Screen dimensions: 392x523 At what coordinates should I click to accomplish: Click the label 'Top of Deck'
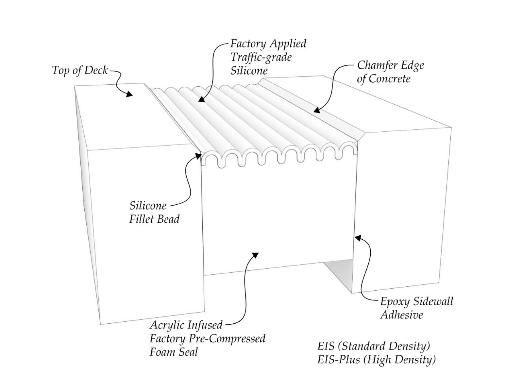point(80,70)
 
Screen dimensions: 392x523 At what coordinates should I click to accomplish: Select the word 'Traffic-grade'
point(261,57)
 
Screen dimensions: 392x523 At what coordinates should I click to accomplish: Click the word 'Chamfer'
point(376,65)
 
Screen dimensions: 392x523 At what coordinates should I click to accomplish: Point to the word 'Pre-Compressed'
point(227,338)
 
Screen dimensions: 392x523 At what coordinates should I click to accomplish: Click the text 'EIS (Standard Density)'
point(373,346)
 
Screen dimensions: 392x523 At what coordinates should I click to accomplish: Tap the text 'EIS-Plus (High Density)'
point(376,360)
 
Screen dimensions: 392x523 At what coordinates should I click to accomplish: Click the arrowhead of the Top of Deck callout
point(130,94)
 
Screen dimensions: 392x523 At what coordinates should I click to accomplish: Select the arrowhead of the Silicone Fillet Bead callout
point(198,156)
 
